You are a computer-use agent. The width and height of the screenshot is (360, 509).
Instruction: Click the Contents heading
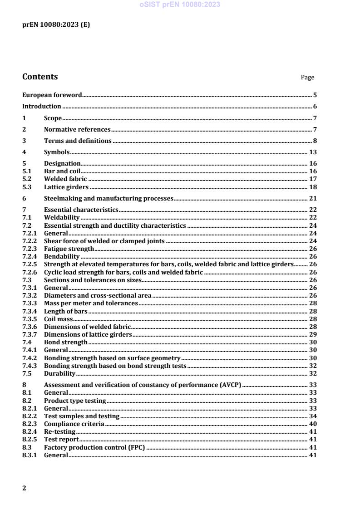40,77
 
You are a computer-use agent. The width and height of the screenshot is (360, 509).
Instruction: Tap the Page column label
307,78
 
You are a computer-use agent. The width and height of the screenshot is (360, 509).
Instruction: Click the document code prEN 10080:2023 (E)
56,25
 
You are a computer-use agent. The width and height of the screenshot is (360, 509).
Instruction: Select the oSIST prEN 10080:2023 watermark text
180,5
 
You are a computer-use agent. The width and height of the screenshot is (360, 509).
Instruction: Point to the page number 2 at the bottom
25,488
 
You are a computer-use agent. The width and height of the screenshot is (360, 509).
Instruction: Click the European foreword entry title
52,95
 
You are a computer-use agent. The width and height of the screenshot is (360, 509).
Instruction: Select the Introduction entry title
42,107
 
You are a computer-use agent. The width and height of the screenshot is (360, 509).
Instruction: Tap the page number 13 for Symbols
313,152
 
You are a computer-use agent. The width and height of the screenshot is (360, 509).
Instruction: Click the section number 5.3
27,187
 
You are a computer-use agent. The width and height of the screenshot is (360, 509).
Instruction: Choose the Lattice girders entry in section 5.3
66,187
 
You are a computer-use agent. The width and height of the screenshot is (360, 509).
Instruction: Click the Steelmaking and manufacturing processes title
108,198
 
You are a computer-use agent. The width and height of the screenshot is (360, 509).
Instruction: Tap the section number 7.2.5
30,264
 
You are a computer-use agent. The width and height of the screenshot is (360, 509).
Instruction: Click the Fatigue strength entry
69,249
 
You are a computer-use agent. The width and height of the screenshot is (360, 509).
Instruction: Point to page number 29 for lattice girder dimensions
313,334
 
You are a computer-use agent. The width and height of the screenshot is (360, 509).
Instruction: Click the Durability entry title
59,373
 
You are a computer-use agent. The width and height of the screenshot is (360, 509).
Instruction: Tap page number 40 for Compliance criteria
313,424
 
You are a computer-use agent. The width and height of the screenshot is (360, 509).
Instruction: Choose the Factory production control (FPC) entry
94,447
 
